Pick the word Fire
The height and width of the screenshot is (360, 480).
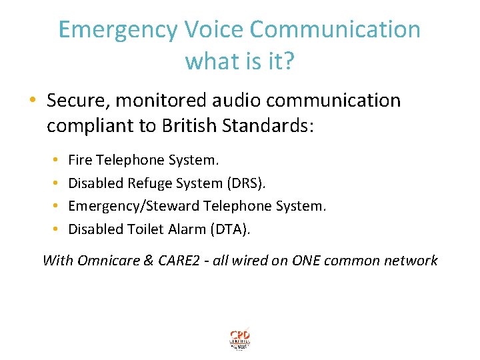pos(81,161)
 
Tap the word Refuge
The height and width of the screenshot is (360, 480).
pos(143,183)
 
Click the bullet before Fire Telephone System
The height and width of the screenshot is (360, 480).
pos(55,161)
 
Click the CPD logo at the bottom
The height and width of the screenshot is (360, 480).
pos(239,339)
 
